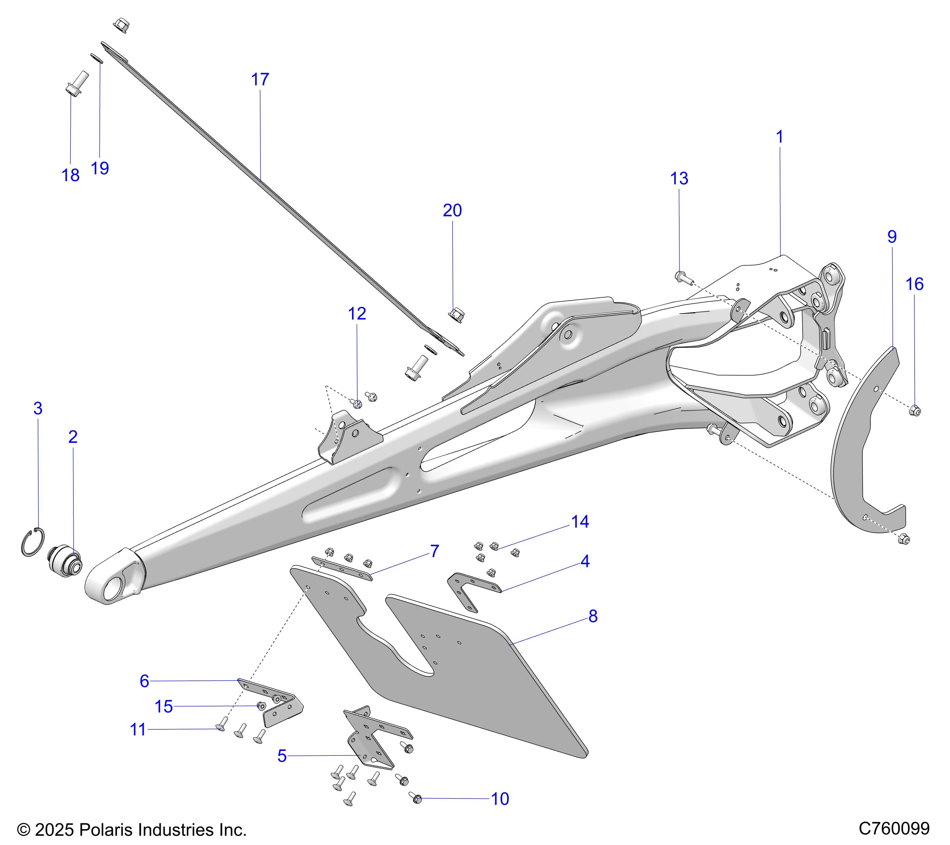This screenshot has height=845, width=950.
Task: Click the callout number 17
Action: pos(260,79)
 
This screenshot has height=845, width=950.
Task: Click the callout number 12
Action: pos(357,314)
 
